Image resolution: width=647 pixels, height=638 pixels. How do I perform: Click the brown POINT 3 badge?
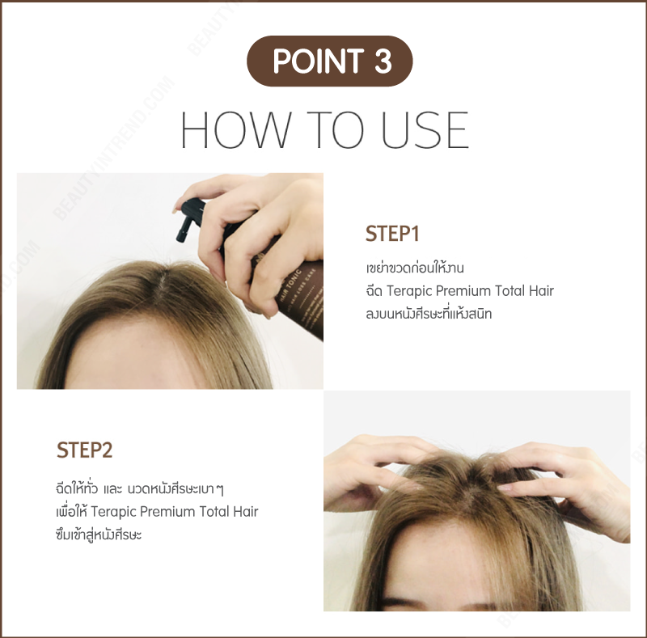pos(330,61)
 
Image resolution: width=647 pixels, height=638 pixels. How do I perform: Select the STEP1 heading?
pos(392,234)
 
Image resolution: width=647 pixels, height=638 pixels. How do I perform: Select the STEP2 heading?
pos(84,450)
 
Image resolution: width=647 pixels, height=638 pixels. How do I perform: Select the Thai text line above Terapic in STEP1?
pos(413,268)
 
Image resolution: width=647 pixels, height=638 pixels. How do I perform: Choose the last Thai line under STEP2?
pos(95,534)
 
